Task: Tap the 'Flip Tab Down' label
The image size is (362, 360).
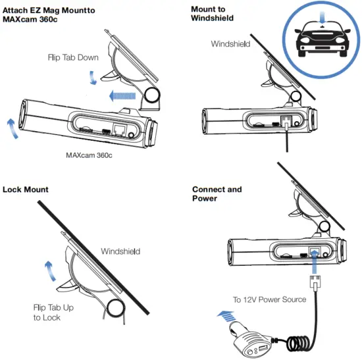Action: [x=73, y=57]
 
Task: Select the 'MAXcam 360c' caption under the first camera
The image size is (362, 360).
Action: [x=90, y=156]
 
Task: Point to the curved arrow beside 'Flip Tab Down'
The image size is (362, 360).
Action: [x=93, y=78]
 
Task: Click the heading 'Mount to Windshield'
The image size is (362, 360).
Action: [x=211, y=14]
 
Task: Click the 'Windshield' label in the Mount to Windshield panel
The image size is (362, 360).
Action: [x=230, y=44]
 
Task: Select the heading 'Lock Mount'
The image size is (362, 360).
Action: [x=25, y=190]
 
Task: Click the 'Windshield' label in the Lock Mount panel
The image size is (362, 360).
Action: [x=120, y=251]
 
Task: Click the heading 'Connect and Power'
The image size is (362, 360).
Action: [x=217, y=194]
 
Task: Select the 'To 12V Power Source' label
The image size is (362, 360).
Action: [x=269, y=299]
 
